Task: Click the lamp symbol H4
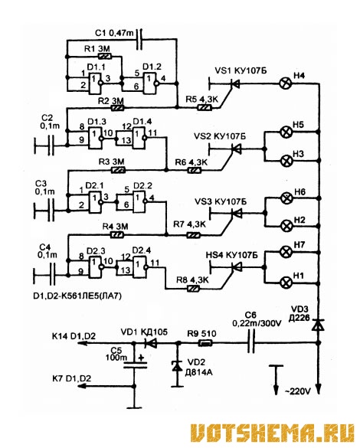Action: (285, 83)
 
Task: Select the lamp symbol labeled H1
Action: (285, 283)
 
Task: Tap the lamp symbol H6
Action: (285, 198)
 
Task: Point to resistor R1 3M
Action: (104, 56)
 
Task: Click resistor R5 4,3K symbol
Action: (205, 108)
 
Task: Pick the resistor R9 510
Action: (205, 342)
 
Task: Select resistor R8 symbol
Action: (194, 289)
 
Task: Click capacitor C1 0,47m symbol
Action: (139, 40)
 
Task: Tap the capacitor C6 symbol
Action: (251, 342)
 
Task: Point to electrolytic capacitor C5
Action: (135, 365)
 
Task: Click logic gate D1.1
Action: (96, 83)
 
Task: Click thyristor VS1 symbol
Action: (234, 83)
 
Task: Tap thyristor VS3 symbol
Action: (237, 213)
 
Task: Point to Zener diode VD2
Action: (177, 366)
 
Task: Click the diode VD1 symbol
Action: (151, 343)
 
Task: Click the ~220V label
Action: (297, 391)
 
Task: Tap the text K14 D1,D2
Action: (74, 336)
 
